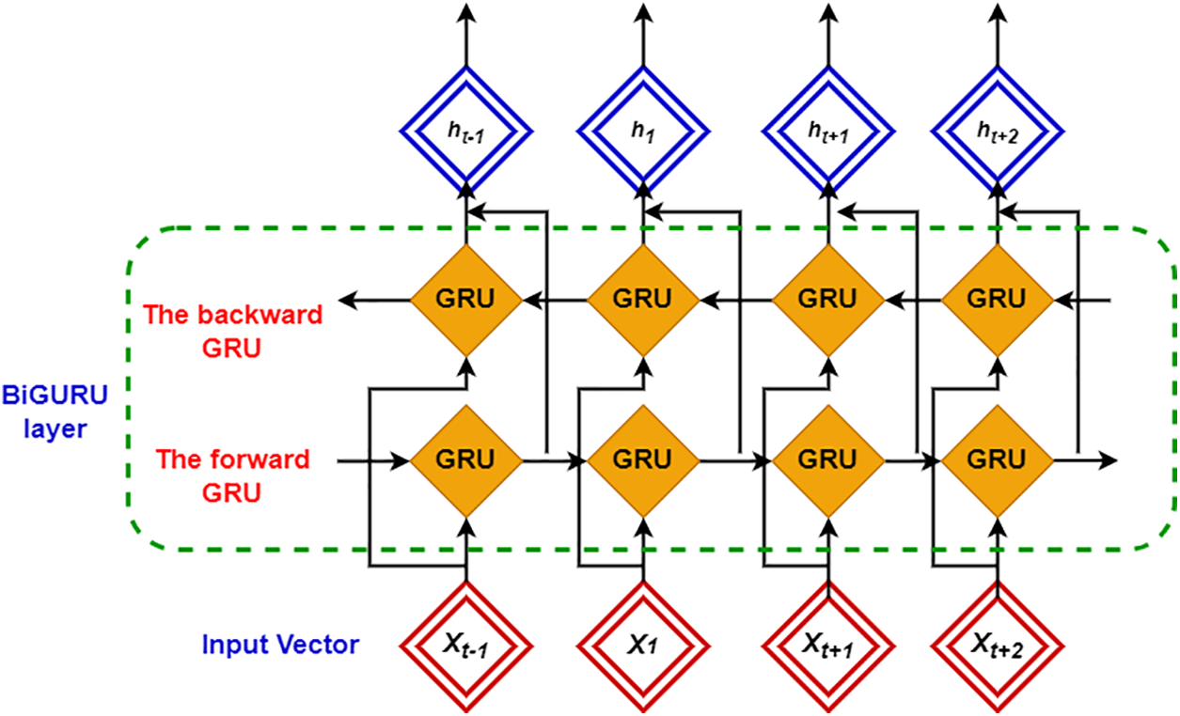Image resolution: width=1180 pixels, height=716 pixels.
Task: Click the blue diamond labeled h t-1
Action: point(466,132)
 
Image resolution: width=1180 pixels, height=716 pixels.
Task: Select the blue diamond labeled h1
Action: point(643,132)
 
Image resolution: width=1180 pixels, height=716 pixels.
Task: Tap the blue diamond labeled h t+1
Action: point(828,132)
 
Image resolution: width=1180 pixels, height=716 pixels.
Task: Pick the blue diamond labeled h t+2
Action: point(998,132)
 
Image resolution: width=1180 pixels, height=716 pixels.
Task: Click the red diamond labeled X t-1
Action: point(466,646)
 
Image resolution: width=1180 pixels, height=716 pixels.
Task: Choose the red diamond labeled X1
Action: point(643,646)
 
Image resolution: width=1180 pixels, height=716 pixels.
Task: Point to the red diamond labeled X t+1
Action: point(828,646)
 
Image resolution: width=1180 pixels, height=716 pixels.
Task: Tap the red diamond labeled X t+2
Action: point(998,646)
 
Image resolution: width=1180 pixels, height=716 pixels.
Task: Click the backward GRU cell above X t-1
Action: point(466,301)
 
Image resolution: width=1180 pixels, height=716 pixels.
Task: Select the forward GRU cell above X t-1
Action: point(466,461)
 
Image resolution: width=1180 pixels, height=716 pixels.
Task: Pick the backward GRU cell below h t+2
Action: point(998,301)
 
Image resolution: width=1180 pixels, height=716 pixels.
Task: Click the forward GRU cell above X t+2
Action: point(998,461)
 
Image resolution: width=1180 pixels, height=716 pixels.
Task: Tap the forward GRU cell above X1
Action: point(643,461)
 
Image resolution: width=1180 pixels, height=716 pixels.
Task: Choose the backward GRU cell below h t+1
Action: point(828,301)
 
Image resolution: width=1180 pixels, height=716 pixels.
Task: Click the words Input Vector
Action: point(281,645)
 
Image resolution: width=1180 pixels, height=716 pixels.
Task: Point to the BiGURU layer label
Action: point(55,412)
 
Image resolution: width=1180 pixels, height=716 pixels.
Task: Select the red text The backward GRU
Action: point(233,331)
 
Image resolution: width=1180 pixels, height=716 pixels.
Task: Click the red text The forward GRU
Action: point(233,476)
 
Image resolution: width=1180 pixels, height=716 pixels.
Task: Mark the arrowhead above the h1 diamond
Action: point(643,12)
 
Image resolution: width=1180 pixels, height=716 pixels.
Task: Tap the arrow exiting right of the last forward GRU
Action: point(1085,460)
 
